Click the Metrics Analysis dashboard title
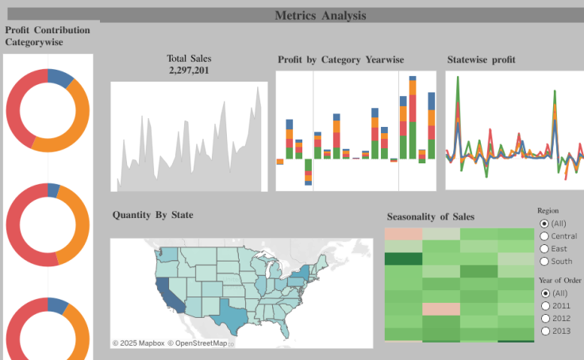321,15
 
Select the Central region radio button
544,236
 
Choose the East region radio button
544,248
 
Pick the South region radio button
544,261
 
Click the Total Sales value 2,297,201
189,71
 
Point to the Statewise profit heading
481,59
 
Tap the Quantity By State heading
152,215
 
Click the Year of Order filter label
559,280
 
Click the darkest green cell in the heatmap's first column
403,259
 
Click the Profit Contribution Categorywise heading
48,36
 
